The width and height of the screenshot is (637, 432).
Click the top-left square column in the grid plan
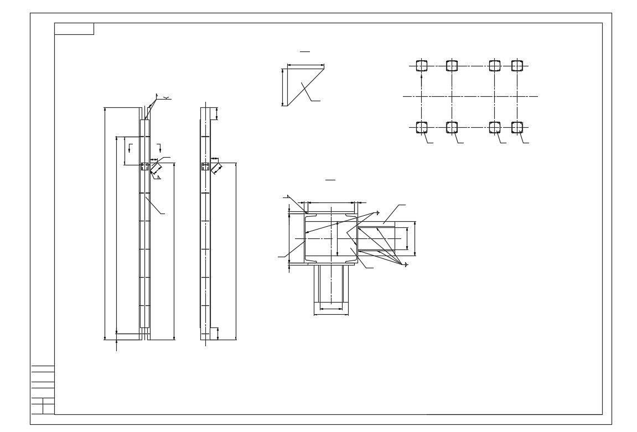pos(422,66)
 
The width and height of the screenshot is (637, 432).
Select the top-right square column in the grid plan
pos(517,66)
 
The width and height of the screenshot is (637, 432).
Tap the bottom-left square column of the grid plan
pos(422,127)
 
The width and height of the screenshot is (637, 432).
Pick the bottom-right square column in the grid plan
pos(517,127)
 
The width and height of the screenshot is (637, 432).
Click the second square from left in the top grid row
pos(452,66)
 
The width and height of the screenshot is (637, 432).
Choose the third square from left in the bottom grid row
pos(495,127)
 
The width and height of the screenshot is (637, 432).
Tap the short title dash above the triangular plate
pos(305,51)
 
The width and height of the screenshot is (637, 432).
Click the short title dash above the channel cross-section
pos(330,180)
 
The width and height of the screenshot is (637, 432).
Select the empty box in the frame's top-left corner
pos(74,29)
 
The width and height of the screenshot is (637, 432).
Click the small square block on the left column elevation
pos(144,166)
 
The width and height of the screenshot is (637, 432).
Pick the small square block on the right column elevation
pos(205,166)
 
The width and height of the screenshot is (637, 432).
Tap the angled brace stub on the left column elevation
pos(156,168)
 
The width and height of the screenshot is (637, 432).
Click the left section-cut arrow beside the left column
pos(130,147)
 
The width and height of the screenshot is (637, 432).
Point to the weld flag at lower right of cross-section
pos(406,265)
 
